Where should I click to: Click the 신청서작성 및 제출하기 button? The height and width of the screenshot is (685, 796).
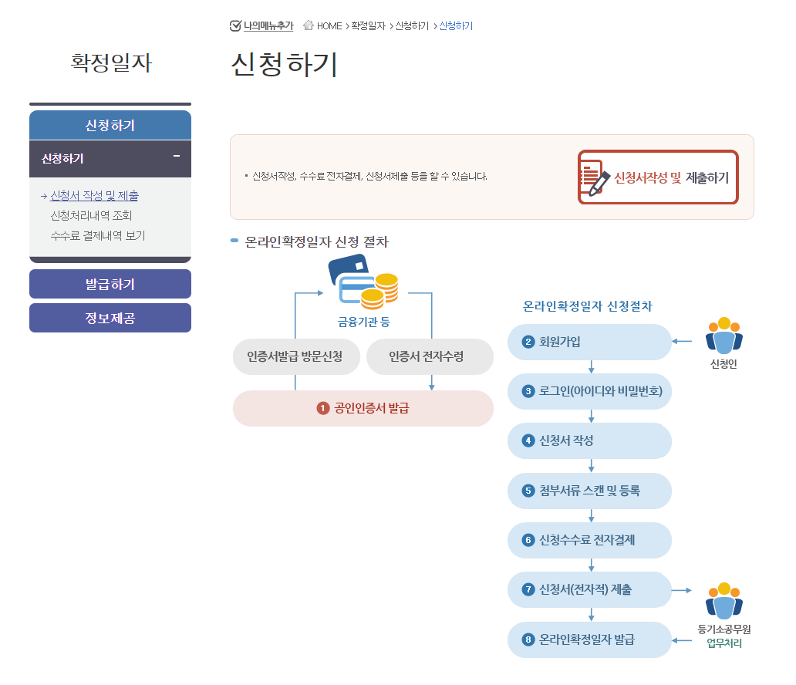tap(658, 177)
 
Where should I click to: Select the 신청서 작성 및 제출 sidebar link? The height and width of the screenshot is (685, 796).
tap(94, 196)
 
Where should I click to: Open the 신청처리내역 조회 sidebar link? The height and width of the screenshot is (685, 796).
tap(91, 216)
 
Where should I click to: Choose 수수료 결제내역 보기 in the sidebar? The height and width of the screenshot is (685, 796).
tap(97, 236)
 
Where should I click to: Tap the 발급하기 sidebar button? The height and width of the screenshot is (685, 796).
tap(110, 284)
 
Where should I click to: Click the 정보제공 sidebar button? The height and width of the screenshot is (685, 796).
tap(110, 318)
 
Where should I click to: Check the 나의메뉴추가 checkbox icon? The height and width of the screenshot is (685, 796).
tap(236, 26)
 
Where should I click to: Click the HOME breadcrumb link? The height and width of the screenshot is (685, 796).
tap(329, 26)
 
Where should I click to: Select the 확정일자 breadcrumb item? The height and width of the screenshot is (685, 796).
tap(368, 26)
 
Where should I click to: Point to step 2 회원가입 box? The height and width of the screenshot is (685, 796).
tap(589, 342)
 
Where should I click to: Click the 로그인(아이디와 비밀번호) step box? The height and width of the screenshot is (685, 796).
tap(589, 391)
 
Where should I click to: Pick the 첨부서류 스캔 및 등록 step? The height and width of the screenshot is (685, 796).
tap(589, 491)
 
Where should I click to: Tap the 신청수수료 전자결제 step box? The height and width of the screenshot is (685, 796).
tap(589, 540)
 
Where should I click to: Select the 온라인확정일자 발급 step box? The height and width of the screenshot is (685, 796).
tap(589, 639)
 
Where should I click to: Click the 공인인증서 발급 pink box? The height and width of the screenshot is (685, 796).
tap(363, 408)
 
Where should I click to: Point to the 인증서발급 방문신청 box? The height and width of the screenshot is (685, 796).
tap(295, 357)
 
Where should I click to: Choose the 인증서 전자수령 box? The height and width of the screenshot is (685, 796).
tap(430, 357)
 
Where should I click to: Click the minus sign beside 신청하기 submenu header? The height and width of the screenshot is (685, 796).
tap(177, 157)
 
